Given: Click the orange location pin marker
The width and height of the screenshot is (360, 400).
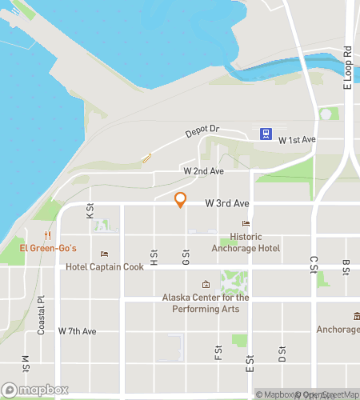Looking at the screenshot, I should click(x=181, y=200).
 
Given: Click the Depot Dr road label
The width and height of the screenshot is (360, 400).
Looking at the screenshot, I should click(x=202, y=132).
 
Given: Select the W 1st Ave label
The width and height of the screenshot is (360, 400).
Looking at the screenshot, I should click(x=298, y=140).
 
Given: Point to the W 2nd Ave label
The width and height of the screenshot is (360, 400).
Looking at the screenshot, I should click(x=203, y=171).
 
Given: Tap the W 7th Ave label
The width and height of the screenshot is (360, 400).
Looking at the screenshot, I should click(x=77, y=331).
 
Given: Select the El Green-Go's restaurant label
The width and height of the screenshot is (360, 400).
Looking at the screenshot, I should click(x=49, y=249).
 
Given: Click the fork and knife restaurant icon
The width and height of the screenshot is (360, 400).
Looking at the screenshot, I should click(x=49, y=235).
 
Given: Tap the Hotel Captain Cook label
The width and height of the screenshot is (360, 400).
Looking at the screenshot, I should click(x=105, y=267).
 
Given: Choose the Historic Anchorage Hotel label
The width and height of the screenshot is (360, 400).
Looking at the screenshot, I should click(x=245, y=242).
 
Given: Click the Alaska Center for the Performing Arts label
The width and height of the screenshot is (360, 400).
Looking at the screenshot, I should click(x=206, y=302).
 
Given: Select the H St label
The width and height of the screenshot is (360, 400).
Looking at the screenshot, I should click(x=154, y=257).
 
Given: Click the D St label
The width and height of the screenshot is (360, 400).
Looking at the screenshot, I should click(x=282, y=353).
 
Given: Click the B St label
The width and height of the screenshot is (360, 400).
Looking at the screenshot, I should click(x=346, y=266).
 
